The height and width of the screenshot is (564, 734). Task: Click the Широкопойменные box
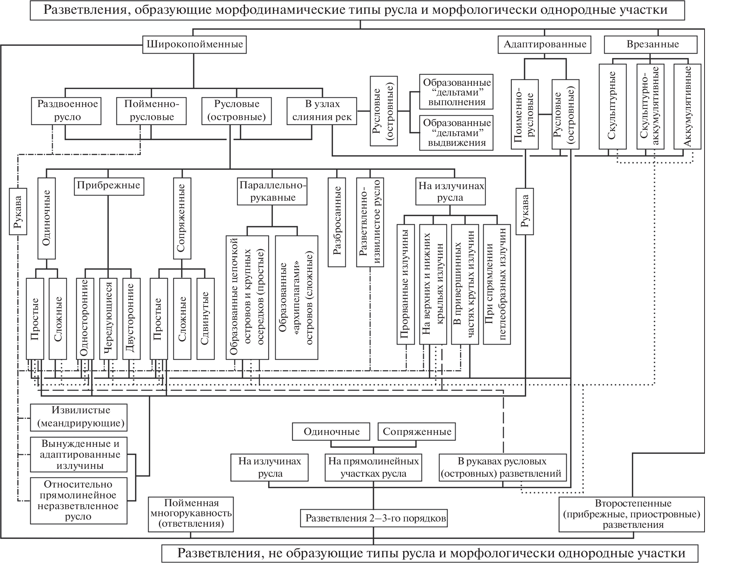[x=195, y=44]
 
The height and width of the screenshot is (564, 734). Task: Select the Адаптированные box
[x=545, y=44]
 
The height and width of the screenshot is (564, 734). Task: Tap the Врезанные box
[x=650, y=44]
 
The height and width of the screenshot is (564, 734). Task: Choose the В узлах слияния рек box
[x=322, y=110]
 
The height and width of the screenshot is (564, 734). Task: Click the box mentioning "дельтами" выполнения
[x=457, y=92]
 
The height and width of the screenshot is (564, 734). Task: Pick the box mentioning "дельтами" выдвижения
[x=457, y=132]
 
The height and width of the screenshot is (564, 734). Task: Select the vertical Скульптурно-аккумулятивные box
[x=650, y=107]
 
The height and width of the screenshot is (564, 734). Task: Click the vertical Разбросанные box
[x=337, y=222]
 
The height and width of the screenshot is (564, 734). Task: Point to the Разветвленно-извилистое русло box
[x=370, y=222]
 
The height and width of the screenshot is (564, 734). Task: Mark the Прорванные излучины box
[x=405, y=284]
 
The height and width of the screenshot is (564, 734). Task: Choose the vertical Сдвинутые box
[x=206, y=319]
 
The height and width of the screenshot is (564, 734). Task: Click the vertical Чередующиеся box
[x=108, y=319]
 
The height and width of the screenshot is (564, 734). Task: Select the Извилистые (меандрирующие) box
[x=79, y=417]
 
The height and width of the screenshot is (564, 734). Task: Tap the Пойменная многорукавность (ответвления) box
[x=191, y=514]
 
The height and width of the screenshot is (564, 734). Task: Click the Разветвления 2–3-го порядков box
[x=373, y=518]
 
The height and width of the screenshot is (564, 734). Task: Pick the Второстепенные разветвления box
[x=632, y=514]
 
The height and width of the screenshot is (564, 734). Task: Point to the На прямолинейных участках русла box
[x=373, y=467]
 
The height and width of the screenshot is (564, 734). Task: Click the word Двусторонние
[x=131, y=319]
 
